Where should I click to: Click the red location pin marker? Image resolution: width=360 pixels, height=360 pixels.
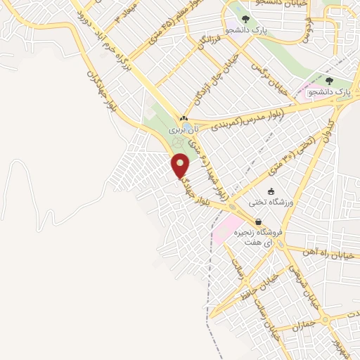[181, 166]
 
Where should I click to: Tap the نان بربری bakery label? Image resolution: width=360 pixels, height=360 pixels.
[184, 129]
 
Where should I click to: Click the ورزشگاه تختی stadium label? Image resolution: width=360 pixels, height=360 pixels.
[271, 203]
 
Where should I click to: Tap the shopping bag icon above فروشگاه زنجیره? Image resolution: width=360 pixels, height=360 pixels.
[259, 222]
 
